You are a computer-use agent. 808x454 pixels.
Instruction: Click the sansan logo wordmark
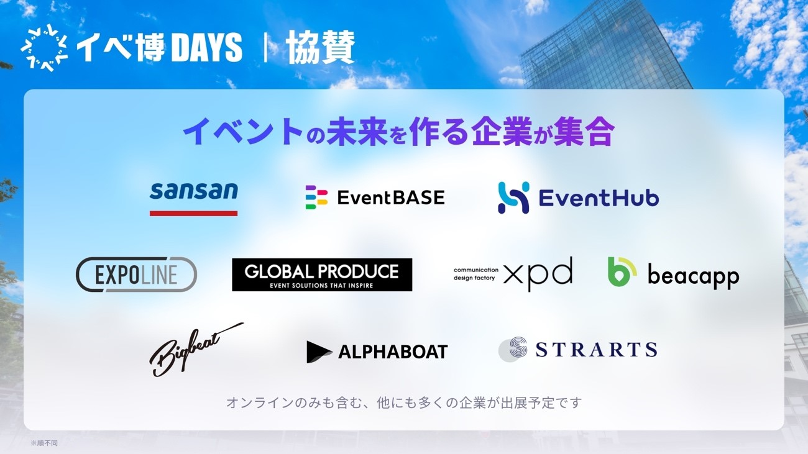click(x=194, y=191)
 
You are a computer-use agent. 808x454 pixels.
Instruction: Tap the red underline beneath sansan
click(x=194, y=213)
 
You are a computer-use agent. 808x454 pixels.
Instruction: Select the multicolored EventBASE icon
click(x=316, y=197)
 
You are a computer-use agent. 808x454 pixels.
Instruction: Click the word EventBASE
click(x=391, y=197)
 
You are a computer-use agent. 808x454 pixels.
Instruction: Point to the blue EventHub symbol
click(x=513, y=197)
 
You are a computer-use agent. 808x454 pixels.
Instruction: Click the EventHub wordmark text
click(x=599, y=198)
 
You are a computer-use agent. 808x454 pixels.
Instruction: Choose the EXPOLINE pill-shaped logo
click(x=136, y=275)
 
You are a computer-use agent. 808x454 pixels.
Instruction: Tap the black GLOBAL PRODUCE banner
click(x=322, y=275)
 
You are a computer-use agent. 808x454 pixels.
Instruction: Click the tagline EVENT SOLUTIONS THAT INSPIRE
click(x=322, y=286)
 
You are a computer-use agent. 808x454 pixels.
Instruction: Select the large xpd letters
click(x=538, y=274)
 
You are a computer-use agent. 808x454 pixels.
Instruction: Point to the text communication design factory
click(x=475, y=274)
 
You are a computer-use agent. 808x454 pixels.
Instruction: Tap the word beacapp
click(x=693, y=276)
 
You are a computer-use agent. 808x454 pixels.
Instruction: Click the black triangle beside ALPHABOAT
click(x=319, y=352)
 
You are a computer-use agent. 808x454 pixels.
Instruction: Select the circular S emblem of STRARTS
click(x=513, y=350)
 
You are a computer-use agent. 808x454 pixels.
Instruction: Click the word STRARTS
click(x=596, y=350)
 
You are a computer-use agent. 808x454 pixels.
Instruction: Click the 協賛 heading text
click(x=321, y=48)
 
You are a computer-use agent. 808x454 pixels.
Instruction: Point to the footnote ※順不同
click(x=44, y=443)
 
